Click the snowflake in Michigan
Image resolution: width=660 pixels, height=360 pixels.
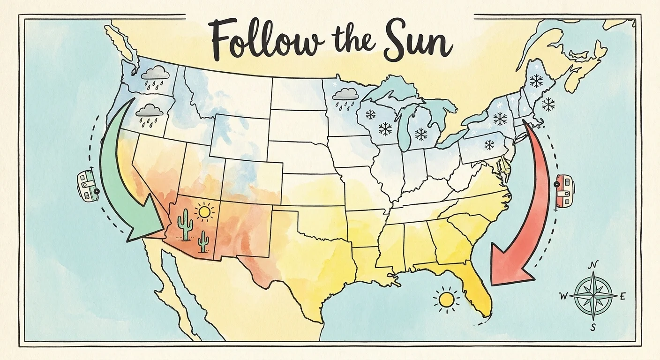(421, 135)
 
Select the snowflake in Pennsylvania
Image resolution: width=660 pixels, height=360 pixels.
(489, 145)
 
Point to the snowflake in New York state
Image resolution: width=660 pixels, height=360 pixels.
(500, 119)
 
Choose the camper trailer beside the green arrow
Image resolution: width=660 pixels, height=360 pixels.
(87, 187)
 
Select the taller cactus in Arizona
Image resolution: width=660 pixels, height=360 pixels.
(185, 225)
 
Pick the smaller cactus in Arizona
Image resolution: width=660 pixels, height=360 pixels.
(203, 241)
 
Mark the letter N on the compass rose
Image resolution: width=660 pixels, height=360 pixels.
(593, 265)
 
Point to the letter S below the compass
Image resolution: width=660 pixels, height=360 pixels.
(593, 328)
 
